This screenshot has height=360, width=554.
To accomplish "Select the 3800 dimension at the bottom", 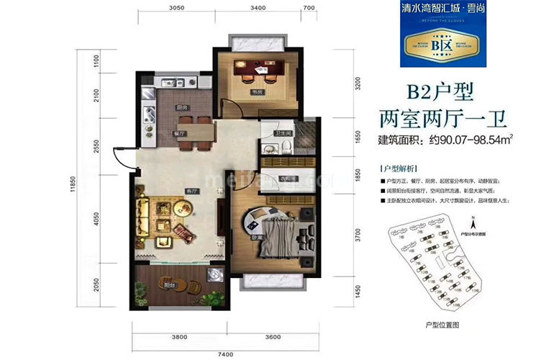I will [179, 336].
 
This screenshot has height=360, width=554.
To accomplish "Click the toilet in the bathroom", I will [286, 146].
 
